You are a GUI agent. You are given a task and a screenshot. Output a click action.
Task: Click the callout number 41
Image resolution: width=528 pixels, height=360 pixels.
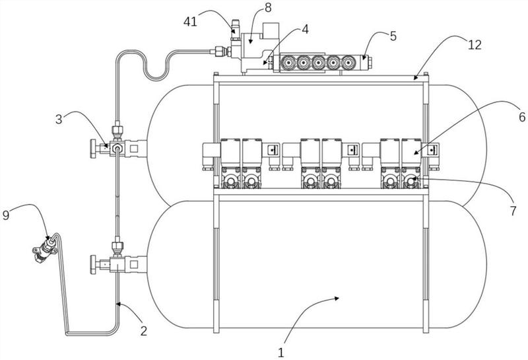(x=190, y=22)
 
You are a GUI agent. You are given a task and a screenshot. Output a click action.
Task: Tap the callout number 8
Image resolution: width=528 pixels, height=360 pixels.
(x=268, y=8)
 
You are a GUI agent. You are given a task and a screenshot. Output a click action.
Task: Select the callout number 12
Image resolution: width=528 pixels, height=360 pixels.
(x=475, y=45)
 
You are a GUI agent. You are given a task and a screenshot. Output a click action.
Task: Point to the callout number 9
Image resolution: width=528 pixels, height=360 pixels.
(x=6, y=215)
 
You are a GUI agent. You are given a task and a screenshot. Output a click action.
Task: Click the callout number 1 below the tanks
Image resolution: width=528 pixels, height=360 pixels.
(x=281, y=353)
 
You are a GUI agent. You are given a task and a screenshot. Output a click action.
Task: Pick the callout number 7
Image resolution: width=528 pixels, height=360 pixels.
(x=513, y=211)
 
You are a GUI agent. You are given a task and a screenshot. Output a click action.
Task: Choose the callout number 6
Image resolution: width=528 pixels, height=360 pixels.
(x=522, y=117)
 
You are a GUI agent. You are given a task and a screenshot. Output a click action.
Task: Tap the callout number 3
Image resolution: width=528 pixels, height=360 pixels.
(x=59, y=120)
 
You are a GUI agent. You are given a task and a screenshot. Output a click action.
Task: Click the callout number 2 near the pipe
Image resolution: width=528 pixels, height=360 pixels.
(x=144, y=331)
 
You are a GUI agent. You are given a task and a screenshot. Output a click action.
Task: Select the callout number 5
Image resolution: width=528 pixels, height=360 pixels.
(x=393, y=36)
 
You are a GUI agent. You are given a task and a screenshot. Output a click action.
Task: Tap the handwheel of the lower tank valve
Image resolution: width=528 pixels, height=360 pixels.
(x=92, y=265)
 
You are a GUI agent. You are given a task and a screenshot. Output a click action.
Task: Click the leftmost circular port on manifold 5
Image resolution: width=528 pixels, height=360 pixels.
(x=288, y=63)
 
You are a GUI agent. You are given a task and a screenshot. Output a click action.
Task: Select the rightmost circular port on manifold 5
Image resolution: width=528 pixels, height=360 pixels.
(x=348, y=63)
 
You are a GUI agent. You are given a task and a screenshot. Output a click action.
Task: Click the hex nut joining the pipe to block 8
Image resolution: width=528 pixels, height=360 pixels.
(x=219, y=52)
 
